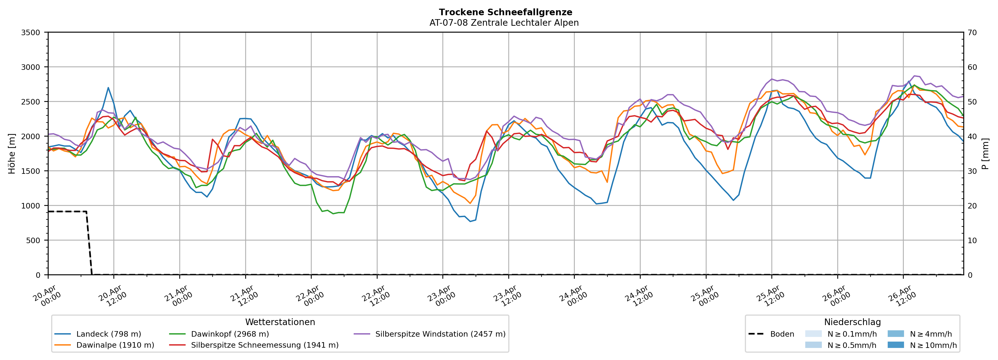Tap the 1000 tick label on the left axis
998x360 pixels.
point(31,206)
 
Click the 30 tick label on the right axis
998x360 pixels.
point(972,171)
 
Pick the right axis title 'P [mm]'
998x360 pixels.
point(985,154)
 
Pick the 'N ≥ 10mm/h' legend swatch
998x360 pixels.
point(895,345)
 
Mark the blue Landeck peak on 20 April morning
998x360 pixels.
point(108,88)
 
